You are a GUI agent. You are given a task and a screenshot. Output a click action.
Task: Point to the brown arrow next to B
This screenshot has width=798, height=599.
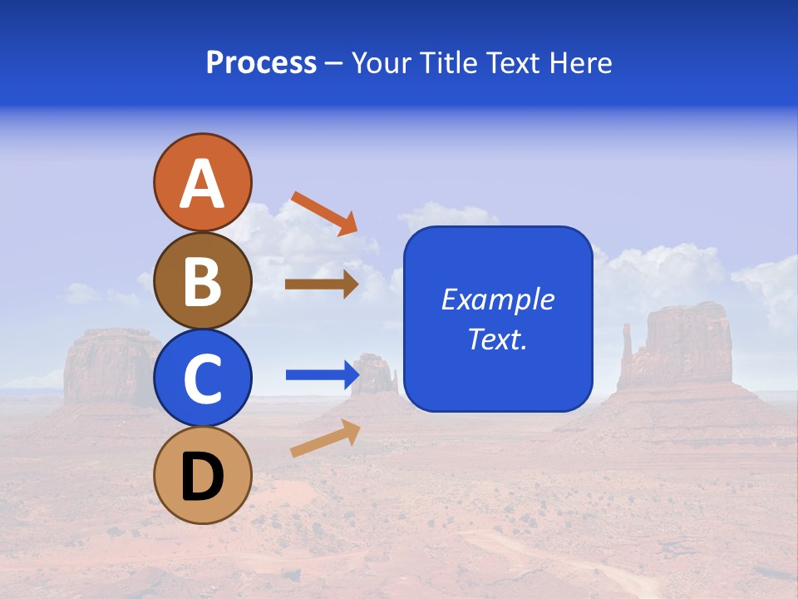click(321, 285)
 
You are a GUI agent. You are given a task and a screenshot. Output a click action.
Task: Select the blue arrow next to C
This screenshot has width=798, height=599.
click(322, 375)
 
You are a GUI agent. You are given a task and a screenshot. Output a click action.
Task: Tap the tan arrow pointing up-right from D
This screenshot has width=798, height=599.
click(325, 438)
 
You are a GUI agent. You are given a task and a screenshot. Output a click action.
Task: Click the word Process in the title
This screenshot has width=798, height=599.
click(261, 63)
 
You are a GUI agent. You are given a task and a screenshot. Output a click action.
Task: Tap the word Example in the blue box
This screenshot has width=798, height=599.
click(497, 299)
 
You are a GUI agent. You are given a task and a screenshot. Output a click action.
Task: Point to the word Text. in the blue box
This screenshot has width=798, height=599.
click(497, 339)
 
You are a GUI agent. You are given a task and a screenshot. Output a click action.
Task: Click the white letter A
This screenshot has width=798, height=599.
click(202, 183)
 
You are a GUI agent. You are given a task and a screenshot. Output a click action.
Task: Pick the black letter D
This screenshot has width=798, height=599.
click(202, 477)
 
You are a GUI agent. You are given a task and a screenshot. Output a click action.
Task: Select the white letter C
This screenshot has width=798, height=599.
click(202, 379)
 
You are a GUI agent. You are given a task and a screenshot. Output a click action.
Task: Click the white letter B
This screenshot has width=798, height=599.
click(202, 281)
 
